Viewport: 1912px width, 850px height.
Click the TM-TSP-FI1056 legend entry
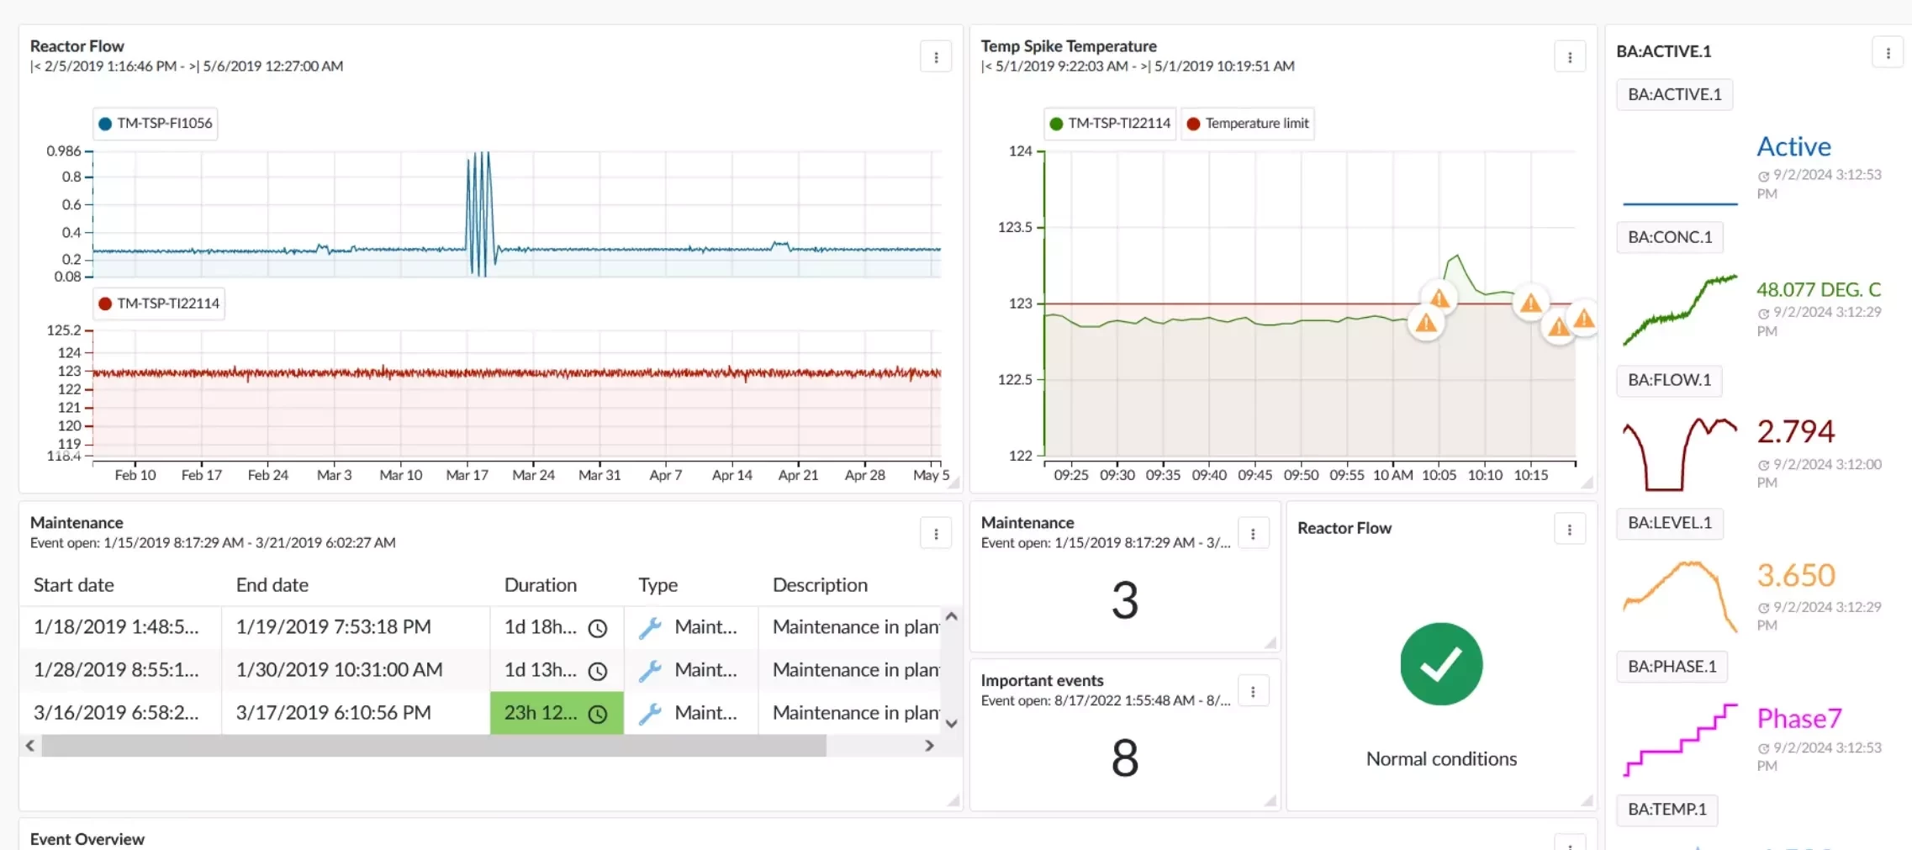pyautogui.click(x=156, y=124)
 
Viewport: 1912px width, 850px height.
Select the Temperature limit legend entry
pyautogui.click(x=1248, y=124)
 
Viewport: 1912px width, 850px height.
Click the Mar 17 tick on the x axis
pyautogui.click(x=467, y=475)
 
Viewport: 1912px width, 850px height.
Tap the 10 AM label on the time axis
pyautogui.click(x=1392, y=475)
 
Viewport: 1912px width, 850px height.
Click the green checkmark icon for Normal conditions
pyautogui.click(x=1440, y=664)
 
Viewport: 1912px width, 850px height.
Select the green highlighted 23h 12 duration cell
pyautogui.click(x=556, y=713)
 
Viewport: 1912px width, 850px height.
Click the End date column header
pyautogui.click(x=272, y=585)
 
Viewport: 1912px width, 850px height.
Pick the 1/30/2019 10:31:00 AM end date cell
pyautogui.click(x=339, y=670)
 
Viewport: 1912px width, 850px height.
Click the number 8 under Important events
pyautogui.click(x=1124, y=758)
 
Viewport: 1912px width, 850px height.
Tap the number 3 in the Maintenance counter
pyautogui.click(x=1124, y=600)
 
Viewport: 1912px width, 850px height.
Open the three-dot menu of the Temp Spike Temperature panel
pyautogui.click(x=1569, y=57)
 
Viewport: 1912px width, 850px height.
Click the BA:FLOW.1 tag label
pyautogui.click(x=1669, y=380)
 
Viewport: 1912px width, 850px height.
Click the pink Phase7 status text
pyautogui.click(x=1798, y=719)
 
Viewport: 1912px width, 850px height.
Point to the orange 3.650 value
pyautogui.click(x=1795, y=576)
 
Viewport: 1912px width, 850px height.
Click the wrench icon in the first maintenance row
pyautogui.click(x=650, y=628)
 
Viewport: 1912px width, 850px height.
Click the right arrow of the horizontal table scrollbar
pyautogui.click(x=929, y=746)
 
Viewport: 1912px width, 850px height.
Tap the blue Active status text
pyautogui.click(x=1793, y=147)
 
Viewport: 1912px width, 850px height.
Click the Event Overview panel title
pyautogui.click(x=87, y=839)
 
